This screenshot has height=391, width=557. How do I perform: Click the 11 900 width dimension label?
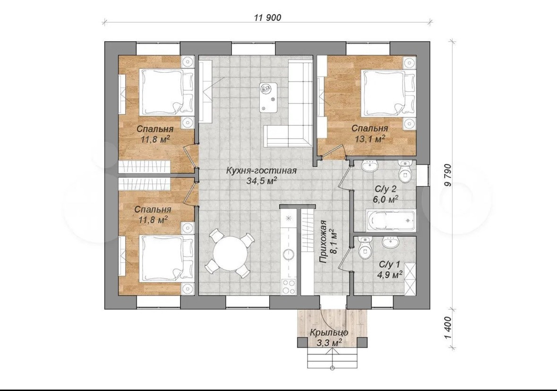(267, 17)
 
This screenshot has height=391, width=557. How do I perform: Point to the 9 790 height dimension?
(448, 175)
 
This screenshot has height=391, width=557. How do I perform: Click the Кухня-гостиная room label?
(261, 171)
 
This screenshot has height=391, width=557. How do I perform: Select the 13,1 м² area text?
(370, 139)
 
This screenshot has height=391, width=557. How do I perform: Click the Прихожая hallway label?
(323, 242)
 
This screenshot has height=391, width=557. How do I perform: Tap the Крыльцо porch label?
(329, 333)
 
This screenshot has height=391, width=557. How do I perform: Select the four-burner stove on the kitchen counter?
(288, 287)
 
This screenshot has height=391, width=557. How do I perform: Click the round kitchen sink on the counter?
(288, 254)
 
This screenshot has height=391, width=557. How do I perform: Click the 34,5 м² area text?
(262, 181)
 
